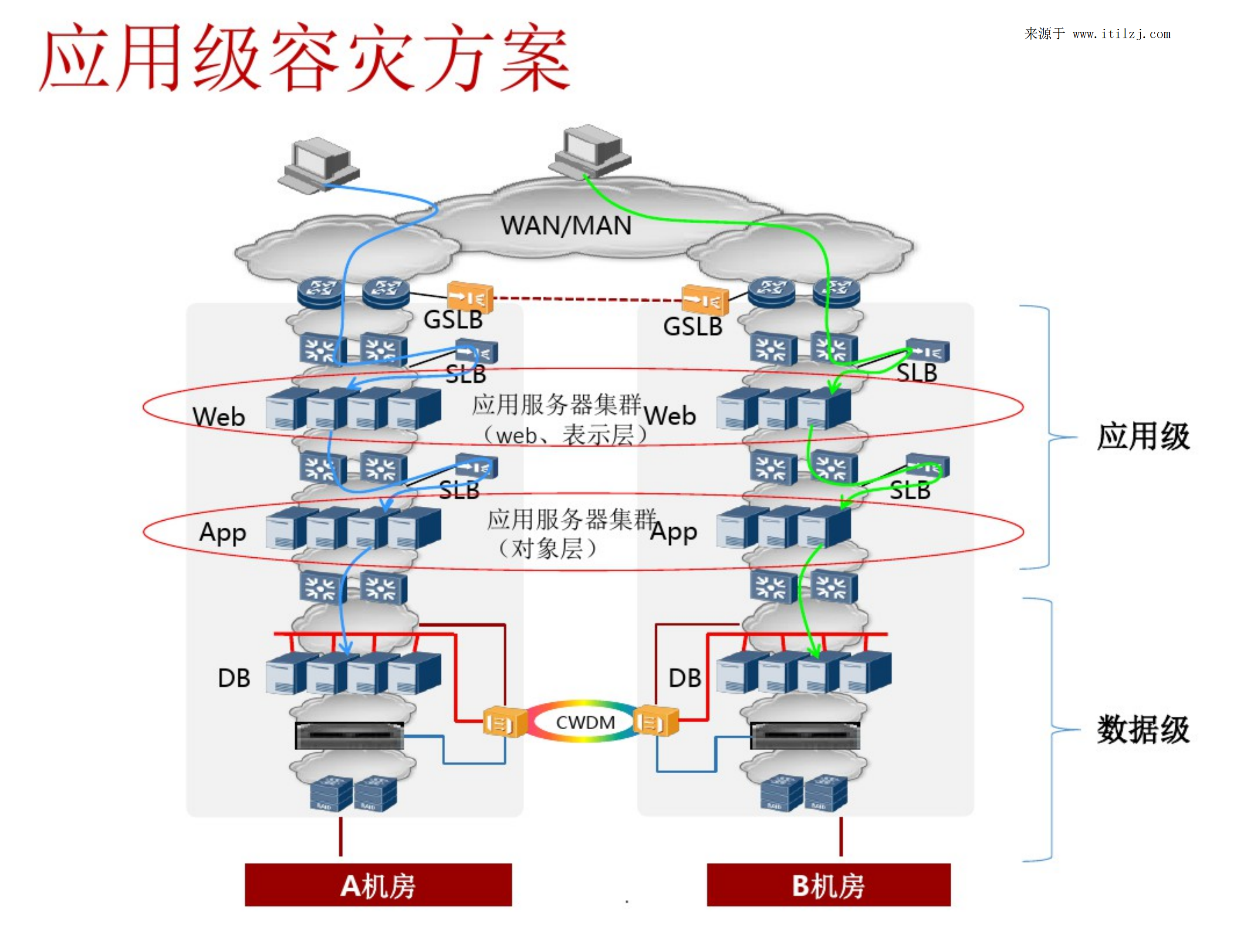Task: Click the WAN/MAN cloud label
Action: pos(565,226)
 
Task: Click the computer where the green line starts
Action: pos(590,150)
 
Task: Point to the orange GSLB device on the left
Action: pos(470,297)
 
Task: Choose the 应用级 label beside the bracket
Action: pos(1143,436)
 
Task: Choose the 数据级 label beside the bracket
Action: pos(1143,729)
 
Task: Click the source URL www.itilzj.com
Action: pos(1121,34)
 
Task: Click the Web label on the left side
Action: pos(219,417)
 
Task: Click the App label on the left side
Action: pos(223,532)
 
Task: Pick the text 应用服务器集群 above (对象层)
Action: pos(571,519)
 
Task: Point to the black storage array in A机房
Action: pos(349,735)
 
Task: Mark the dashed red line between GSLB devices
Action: pos(587,299)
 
